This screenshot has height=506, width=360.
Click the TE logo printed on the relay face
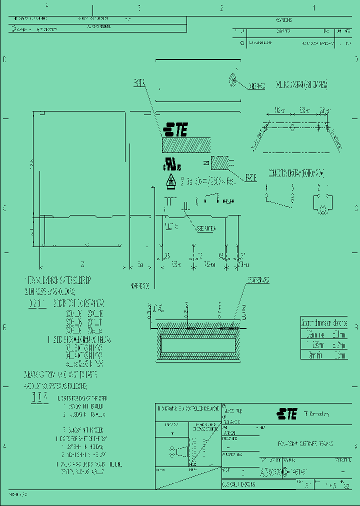[176, 129]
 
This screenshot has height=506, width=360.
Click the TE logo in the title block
[286, 413]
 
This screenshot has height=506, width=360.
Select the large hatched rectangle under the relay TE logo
[186, 145]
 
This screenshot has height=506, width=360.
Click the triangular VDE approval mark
[170, 181]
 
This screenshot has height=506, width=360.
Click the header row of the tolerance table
[324, 323]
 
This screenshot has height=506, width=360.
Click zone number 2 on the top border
[221, 8]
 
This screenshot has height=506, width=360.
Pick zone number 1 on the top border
[314, 8]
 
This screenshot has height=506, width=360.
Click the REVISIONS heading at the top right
[283, 20]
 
